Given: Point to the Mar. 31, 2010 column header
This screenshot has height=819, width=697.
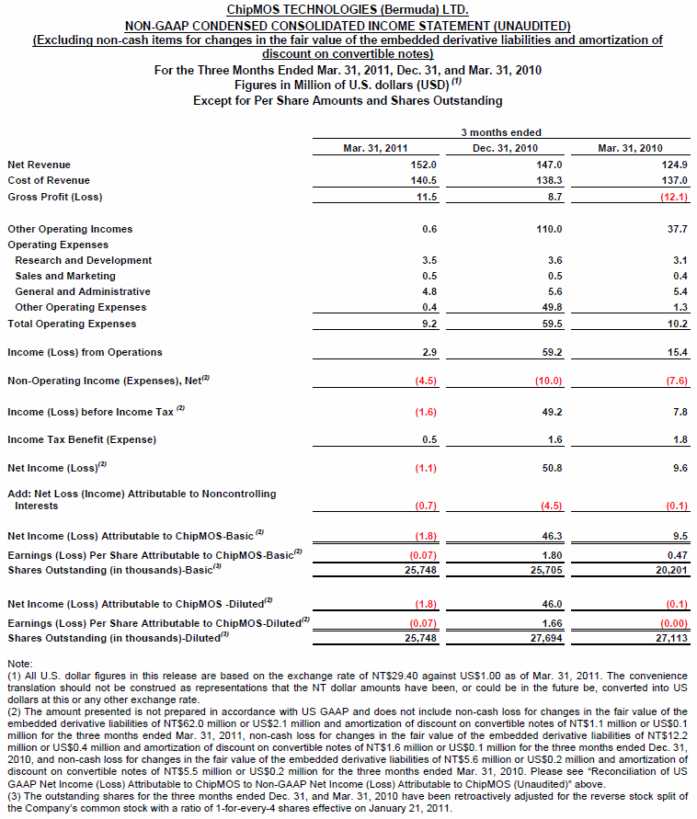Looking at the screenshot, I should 630,148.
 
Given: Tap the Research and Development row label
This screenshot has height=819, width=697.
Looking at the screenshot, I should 84,260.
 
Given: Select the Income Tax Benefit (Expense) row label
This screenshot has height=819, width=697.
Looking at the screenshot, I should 82,439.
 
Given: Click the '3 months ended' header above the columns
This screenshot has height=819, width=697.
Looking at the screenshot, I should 501,132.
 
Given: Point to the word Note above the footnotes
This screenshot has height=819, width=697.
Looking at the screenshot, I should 18,663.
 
